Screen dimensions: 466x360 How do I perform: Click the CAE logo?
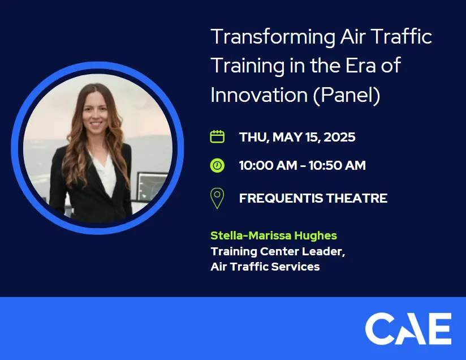pyautogui.click(x=408, y=328)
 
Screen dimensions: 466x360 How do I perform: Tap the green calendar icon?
pyautogui.click(x=217, y=136)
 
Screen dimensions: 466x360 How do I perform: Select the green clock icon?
pyautogui.click(x=217, y=165)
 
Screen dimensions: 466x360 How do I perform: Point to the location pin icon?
pyautogui.click(x=217, y=198)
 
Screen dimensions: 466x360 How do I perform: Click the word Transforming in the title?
pyautogui.click(x=273, y=37)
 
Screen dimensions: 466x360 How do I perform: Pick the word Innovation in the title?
pyautogui.click(x=259, y=95)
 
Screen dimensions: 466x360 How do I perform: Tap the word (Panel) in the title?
pyautogui.click(x=347, y=95)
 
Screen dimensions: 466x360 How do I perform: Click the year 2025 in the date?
pyautogui.click(x=339, y=137)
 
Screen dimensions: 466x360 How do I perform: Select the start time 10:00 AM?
pyautogui.click(x=268, y=165)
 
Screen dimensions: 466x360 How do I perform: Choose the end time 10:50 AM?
pyautogui.click(x=337, y=165)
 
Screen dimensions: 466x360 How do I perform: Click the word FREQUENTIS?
pyautogui.click(x=281, y=198)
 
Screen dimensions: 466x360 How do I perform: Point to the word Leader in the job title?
pyautogui.click(x=323, y=251)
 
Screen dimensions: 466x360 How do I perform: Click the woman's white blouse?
pyautogui.click(x=103, y=173)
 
